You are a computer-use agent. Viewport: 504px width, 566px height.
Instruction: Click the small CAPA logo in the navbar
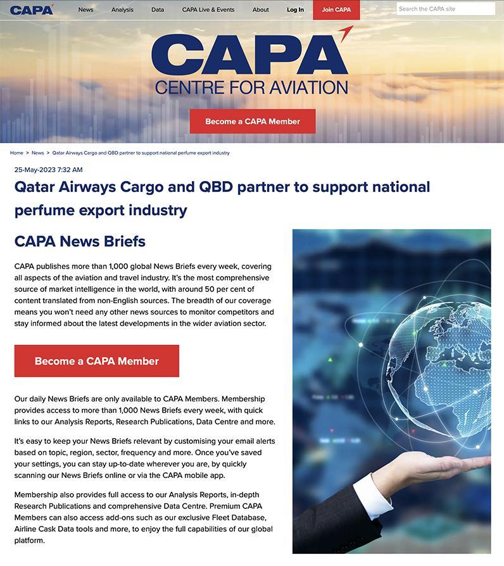click(x=32, y=9)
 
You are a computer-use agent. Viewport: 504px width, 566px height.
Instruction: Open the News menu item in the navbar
click(x=85, y=10)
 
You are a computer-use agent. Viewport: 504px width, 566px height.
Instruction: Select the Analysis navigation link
click(x=122, y=10)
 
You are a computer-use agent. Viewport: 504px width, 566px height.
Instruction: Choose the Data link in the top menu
click(x=158, y=10)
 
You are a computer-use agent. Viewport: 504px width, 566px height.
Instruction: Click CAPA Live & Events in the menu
click(x=208, y=10)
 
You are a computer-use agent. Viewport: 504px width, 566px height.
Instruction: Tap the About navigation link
click(x=260, y=10)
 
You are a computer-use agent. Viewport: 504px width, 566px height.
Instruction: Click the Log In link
click(x=295, y=10)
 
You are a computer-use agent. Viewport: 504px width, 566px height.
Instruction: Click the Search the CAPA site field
click(x=446, y=9)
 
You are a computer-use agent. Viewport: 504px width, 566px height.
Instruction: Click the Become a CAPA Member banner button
click(x=252, y=121)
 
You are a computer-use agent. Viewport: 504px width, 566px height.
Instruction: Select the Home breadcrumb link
click(x=16, y=153)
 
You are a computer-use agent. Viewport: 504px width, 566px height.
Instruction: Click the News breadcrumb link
click(x=38, y=153)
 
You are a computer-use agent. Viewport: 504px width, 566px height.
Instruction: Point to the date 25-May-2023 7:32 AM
click(x=48, y=170)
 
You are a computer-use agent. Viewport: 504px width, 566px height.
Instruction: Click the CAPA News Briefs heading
click(x=80, y=241)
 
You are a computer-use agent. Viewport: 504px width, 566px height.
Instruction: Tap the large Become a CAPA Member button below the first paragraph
click(x=96, y=361)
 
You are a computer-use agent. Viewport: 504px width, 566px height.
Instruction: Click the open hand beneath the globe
click(x=431, y=469)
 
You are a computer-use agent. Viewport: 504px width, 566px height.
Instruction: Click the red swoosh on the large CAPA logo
click(x=345, y=34)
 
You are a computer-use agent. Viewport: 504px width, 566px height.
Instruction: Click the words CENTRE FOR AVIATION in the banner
click(x=251, y=87)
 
